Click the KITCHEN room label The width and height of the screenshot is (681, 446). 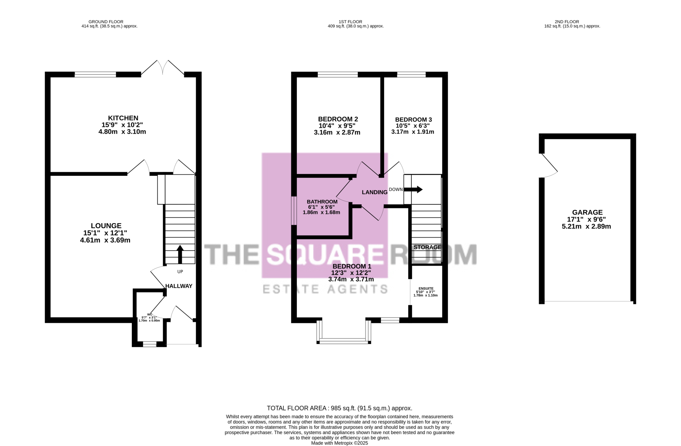123,118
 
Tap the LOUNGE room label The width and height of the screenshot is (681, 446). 106,226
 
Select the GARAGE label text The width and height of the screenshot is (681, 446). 587,212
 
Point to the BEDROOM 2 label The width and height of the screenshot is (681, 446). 338,119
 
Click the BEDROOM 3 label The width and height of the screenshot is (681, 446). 413,120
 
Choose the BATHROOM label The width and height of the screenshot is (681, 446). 322,202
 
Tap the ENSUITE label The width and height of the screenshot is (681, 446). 426,289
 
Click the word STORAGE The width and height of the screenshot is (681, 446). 427,247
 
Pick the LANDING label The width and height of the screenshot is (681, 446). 375,192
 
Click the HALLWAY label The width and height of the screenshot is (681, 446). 179,286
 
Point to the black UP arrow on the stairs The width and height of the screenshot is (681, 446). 180,254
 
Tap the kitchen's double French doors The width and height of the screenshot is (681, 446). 163,67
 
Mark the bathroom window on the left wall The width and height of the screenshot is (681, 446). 294,211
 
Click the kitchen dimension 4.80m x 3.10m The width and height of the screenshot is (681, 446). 122,132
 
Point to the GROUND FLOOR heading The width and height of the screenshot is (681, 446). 106,22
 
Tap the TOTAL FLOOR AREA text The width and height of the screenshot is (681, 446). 339,408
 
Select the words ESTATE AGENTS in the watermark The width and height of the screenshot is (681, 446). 325,289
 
